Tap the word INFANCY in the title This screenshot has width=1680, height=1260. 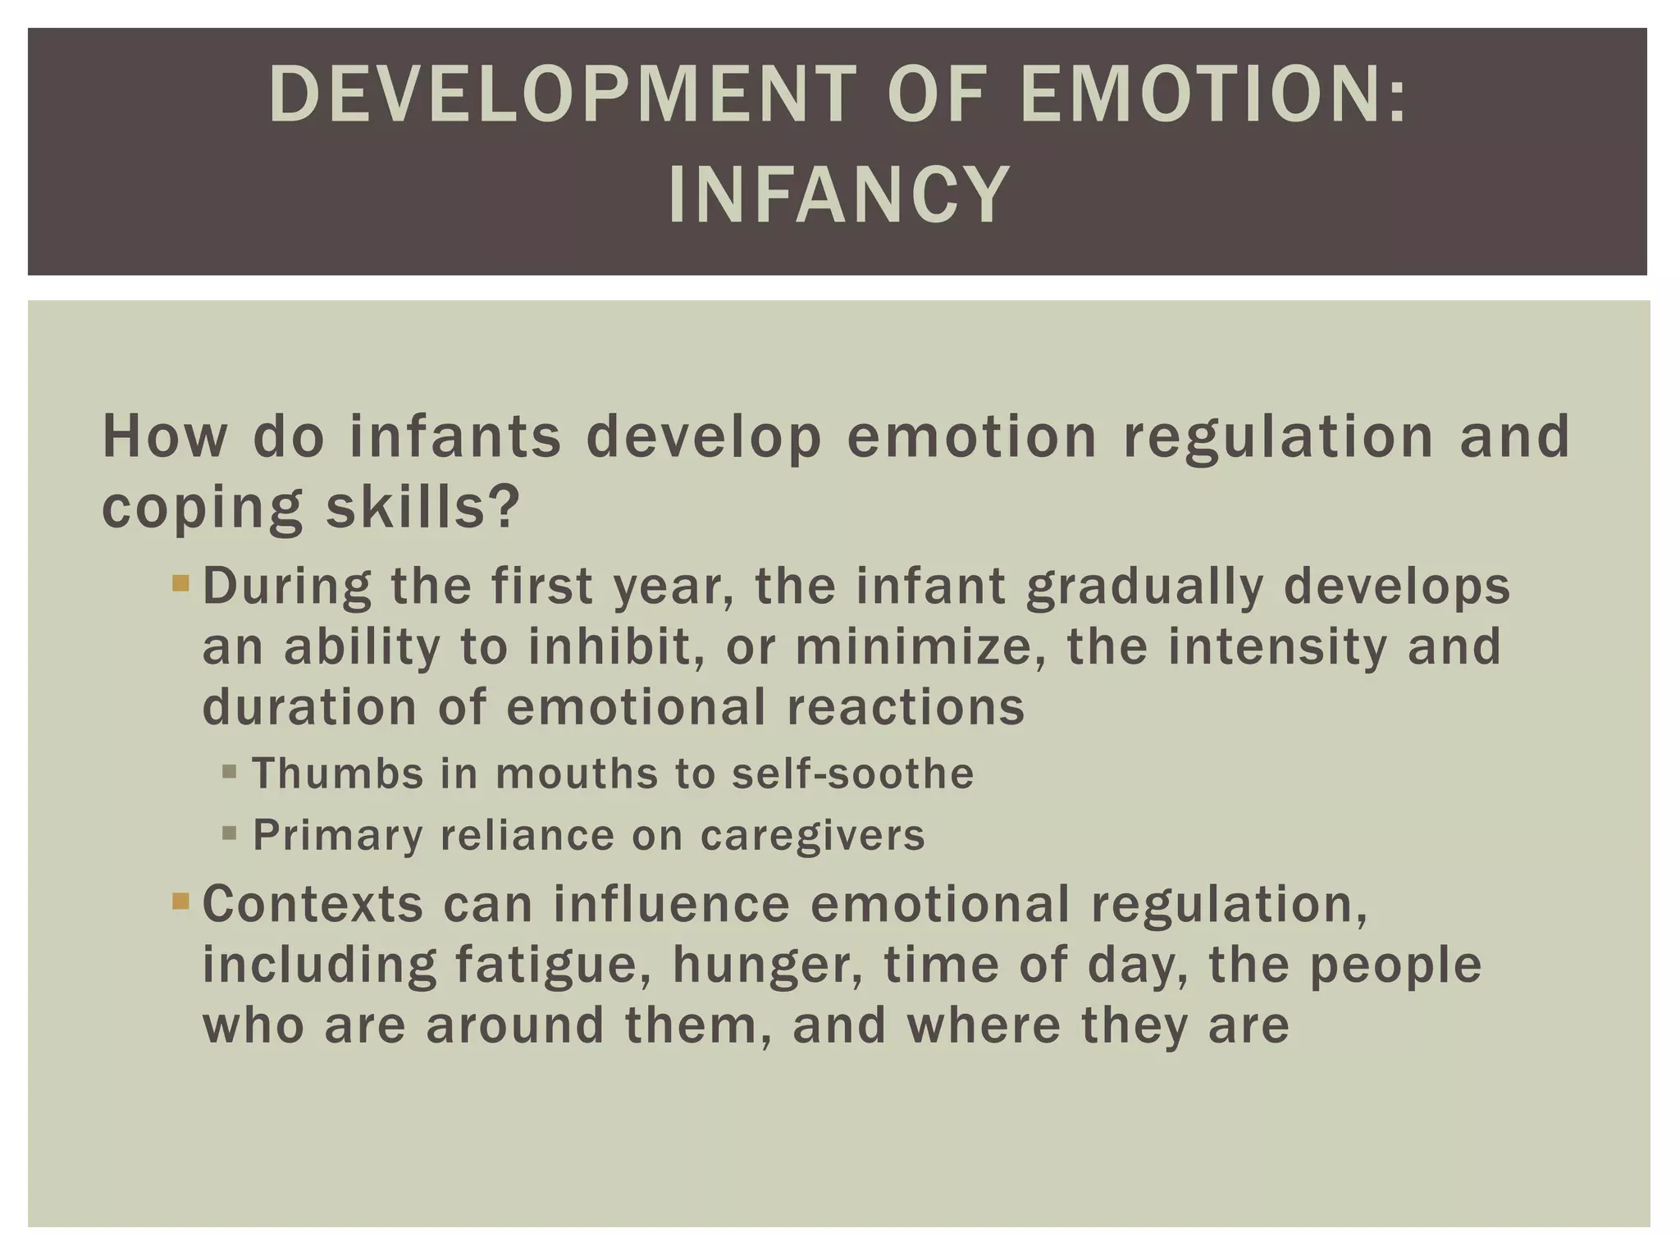tap(838, 194)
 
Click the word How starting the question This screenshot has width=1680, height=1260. tap(165, 436)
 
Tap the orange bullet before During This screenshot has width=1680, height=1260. tap(180, 585)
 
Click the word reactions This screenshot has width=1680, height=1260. tap(906, 706)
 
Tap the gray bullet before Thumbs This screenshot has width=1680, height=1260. tap(230, 772)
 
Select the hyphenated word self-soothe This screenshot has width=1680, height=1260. tap(852, 773)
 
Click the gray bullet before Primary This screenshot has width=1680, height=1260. tap(230, 834)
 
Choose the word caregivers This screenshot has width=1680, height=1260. tap(812, 836)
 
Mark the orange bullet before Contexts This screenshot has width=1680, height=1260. tap(180, 903)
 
